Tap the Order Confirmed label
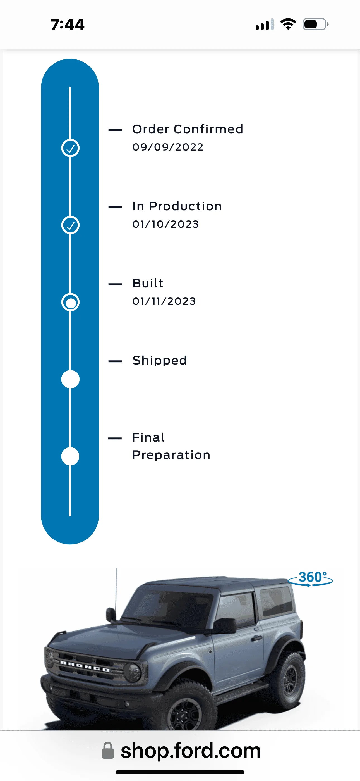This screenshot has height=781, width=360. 188,129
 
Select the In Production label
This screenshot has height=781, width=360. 177,206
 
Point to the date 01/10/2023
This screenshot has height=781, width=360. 165,224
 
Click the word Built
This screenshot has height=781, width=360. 148,283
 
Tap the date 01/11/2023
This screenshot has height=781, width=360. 164,301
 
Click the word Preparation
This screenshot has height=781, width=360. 171,455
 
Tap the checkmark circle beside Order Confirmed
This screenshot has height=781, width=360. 70,148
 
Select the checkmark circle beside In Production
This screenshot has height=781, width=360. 70,225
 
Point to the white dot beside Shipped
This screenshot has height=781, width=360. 70,379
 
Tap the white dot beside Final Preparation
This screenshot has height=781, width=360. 70,456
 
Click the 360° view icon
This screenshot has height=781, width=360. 310,578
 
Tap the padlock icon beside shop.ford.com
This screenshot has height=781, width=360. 107,750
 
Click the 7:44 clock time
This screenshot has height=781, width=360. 67,25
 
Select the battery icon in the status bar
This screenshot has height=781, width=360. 315,24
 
